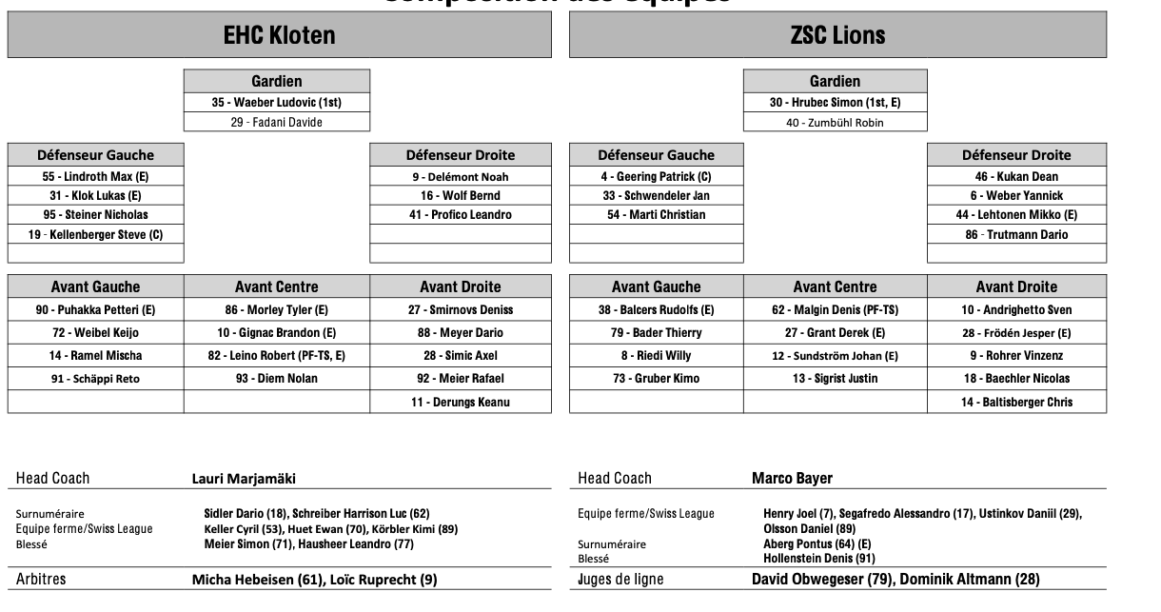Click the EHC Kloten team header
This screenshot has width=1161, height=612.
click(x=279, y=35)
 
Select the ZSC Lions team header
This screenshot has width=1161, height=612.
click(x=837, y=35)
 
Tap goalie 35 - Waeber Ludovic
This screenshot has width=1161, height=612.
click(x=276, y=102)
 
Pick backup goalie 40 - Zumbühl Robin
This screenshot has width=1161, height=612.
click(x=835, y=122)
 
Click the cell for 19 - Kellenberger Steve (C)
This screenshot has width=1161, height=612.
click(x=95, y=234)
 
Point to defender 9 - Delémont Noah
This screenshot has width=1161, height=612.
click(x=461, y=176)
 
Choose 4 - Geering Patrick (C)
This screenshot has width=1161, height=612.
click(x=656, y=176)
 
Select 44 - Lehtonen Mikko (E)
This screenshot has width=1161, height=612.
click(x=1016, y=215)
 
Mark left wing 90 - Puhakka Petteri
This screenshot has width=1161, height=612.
click(x=95, y=310)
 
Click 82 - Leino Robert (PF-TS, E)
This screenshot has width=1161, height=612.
click(x=276, y=356)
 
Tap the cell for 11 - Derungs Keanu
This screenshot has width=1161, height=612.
click(x=461, y=402)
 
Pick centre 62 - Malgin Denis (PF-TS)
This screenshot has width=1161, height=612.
click(x=835, y=310)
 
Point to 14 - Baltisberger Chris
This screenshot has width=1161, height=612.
click(x=1016, y=402)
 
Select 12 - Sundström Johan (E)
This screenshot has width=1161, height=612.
click(x=835, y=356)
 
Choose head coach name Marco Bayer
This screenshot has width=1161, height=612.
click(x=792, y=478)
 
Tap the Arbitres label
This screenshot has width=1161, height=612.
click(x=41, y=579)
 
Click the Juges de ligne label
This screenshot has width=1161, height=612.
click(x=620, y=579)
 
